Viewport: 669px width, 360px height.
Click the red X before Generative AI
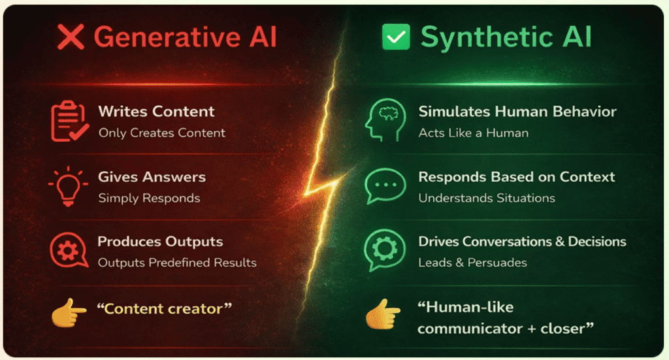[x=71, y=38]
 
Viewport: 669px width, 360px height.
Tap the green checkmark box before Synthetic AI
[x=396, y=38]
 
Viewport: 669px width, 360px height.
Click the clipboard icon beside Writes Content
[x=69, y=121]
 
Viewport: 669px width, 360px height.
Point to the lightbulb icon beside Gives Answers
[x=68, y=186]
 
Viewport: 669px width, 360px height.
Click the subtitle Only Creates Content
[x=162, y=133]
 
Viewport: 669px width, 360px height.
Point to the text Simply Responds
[x=149, y=197]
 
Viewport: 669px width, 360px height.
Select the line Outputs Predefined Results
[x=177, y=263]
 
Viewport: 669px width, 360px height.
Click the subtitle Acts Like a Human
[x=473, y=133]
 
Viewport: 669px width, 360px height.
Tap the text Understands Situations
[x=487, y=197]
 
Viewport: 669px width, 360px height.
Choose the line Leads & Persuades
[x=472, y=263]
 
